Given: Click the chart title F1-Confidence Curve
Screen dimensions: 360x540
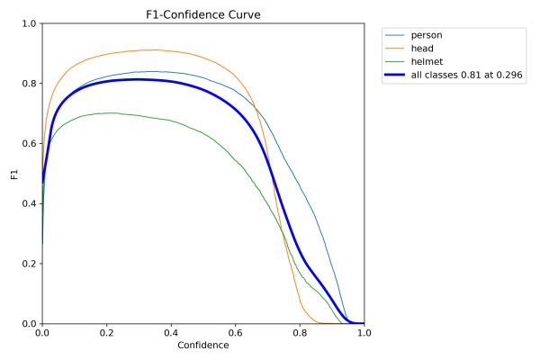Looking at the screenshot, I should tap(202, 14).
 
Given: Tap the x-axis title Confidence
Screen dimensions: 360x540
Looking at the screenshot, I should tap(202, 346).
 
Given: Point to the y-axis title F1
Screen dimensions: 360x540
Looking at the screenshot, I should tap(13, 174).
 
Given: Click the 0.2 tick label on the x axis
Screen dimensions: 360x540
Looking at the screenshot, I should tap(106, 333).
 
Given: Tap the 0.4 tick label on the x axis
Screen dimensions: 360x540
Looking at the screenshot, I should tap(171, 333).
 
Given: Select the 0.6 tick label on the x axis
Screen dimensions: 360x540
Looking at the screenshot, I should tap(235, 333).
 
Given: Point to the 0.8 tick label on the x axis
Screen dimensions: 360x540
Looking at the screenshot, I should tap(300, 333).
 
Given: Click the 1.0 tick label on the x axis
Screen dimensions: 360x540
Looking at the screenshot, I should tap(364, 333).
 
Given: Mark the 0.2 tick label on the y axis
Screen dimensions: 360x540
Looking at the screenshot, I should tap(29, 264).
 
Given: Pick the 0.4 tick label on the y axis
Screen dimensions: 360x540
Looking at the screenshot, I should tap(29, 203).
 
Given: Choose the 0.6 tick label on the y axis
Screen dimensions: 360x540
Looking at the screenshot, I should tap(29, 144).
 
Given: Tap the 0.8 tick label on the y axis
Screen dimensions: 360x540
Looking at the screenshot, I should tap(29, 84).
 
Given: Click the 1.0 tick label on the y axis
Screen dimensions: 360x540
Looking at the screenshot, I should tap(29, 24).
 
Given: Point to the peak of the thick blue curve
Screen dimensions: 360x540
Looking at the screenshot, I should tap(138, 79).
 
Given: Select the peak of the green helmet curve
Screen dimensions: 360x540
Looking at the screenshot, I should tap(111, 112).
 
